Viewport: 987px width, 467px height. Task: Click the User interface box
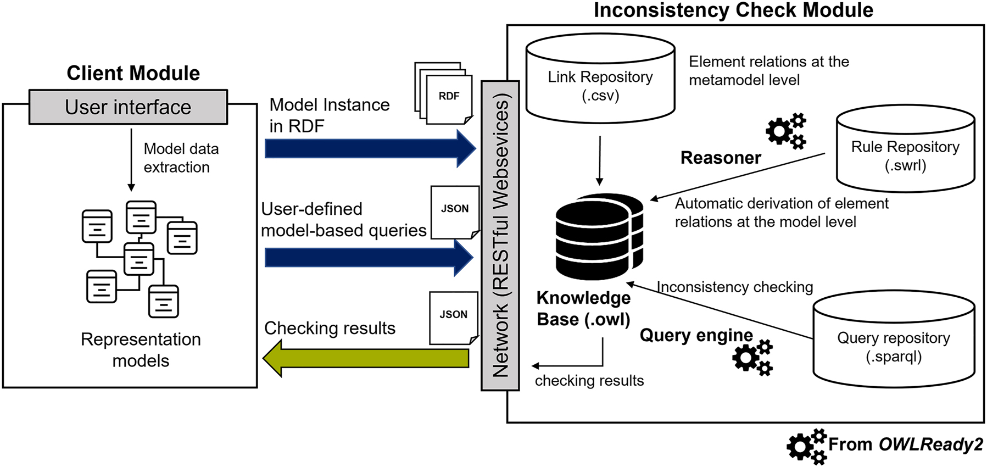[x=128, y=107]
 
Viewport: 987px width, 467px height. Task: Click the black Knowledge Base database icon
[x=599, y=236]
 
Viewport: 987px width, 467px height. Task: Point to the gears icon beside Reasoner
[x=786, y=131]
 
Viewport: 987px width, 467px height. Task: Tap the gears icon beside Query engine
[x=752, y=358]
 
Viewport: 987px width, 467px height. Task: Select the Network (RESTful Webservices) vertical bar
[x=500, y=236]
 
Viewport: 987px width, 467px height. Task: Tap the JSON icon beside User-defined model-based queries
[x=455, y=212]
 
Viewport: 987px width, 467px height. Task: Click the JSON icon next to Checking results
[x=453, y=318]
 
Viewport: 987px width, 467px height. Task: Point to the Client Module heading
[x=133, y=73]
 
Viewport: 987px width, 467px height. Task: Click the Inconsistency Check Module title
[x=733, y=10]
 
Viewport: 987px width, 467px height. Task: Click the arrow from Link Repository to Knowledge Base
[x=600, y=160]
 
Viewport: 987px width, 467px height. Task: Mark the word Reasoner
[x=721, y=158]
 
